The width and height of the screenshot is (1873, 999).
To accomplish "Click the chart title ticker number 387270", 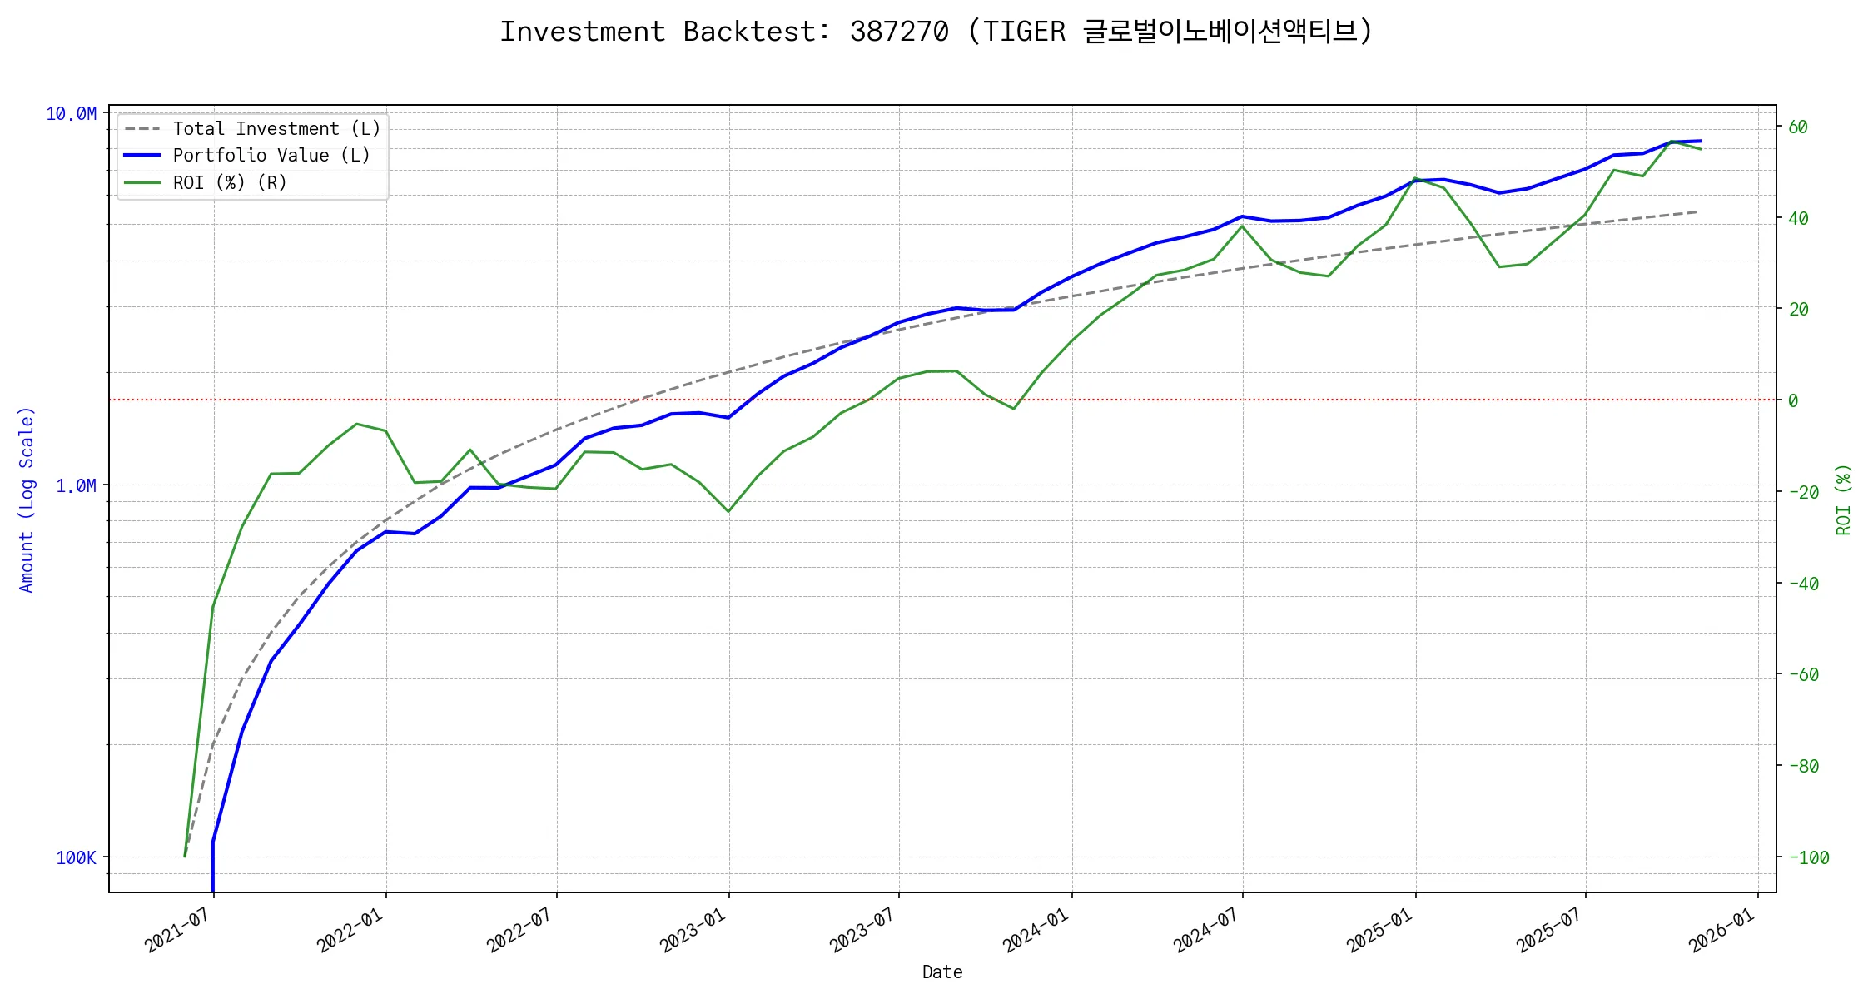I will point(899,32).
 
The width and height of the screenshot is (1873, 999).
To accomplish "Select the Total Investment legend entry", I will point(276,129).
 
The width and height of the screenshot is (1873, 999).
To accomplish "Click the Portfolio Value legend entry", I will point(271,156).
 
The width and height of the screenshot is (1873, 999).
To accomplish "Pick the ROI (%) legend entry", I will point(229,183).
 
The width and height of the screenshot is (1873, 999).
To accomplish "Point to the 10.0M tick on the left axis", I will point(71,114).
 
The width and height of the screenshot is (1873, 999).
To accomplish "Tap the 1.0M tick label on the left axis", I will point(76,486).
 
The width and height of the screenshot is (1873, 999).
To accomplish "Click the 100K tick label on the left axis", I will point(76,858).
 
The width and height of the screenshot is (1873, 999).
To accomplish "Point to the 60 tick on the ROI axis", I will point(1798,127).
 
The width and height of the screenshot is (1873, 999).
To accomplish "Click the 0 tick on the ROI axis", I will point(1793,400).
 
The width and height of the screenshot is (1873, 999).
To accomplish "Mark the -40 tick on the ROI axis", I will point(1803,584).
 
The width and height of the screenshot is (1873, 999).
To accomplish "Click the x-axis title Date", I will point(942,972).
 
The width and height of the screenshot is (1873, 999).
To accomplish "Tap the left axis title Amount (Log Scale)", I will point(27,499).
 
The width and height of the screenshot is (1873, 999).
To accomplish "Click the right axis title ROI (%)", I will point(1844,499).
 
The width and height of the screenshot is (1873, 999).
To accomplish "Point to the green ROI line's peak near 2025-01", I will point(1415,178).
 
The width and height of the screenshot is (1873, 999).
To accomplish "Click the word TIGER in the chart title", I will point(1024,32).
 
